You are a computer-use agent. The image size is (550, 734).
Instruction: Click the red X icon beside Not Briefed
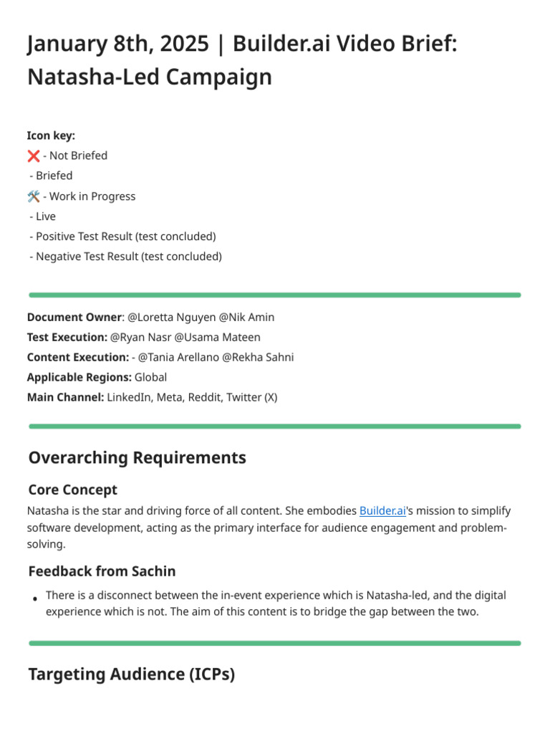(33, 156)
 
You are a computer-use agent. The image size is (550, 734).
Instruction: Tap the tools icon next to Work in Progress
(33, 196)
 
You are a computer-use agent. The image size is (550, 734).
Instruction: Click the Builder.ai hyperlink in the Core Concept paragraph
(382, 511)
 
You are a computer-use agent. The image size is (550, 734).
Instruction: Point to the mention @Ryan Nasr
(140, 337)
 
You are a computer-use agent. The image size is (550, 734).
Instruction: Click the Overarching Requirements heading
(137, 457)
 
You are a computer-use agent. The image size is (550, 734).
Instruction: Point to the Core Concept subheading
(72, 490)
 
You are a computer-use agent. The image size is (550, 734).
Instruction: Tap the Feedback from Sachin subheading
(102, 571)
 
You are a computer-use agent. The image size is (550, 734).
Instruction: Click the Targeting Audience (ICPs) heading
(131, 674)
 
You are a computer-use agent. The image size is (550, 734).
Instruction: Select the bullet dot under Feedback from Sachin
(34, 598)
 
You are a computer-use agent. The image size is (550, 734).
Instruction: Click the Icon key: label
(51, 135)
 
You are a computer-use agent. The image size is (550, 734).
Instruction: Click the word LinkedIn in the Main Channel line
(129, 397)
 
